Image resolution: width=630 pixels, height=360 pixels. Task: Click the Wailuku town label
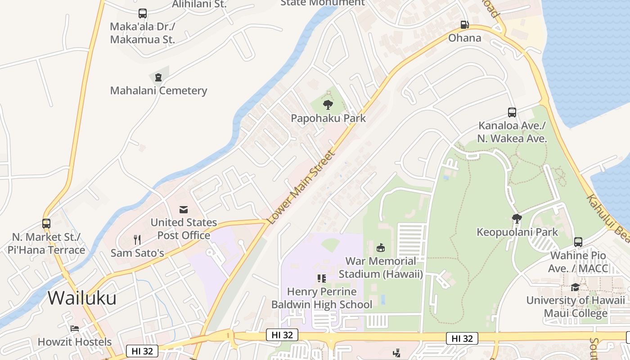click(82, 298)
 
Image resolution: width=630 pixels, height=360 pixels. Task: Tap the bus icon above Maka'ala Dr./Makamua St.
click(143, 13)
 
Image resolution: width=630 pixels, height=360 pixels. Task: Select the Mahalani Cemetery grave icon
click(158, 77)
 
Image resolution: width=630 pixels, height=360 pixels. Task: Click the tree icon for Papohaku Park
click(328, 105)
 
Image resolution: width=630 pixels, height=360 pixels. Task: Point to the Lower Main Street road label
click(301, 188)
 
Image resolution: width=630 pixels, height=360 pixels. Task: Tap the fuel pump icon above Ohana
click(464, 25)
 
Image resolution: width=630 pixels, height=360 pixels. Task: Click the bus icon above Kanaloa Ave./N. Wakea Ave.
click(512, 112)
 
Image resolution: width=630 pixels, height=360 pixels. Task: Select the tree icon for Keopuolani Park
click(517, 219)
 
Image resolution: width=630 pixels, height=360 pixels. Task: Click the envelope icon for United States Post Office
click(184, 209)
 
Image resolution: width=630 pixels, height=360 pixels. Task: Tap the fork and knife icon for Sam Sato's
click(137, 239)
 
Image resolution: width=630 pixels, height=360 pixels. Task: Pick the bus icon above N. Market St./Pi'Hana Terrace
click(46, 223)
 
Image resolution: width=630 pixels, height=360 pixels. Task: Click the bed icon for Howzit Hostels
click(75, 328)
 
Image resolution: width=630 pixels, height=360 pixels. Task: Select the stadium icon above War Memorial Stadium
click(381, 247)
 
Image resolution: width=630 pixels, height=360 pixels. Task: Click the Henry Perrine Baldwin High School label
click(322, 298)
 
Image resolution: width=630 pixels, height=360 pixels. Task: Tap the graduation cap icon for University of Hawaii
click(575, 287)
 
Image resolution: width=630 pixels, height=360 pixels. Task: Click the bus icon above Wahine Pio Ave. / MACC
click(578, 242)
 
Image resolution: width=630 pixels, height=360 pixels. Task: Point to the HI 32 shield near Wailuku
click(142, 351)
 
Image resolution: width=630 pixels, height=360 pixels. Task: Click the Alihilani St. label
click(199, 4)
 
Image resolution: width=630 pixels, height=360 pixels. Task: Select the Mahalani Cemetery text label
click(158, 90)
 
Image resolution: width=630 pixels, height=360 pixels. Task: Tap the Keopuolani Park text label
click(517, 232)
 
